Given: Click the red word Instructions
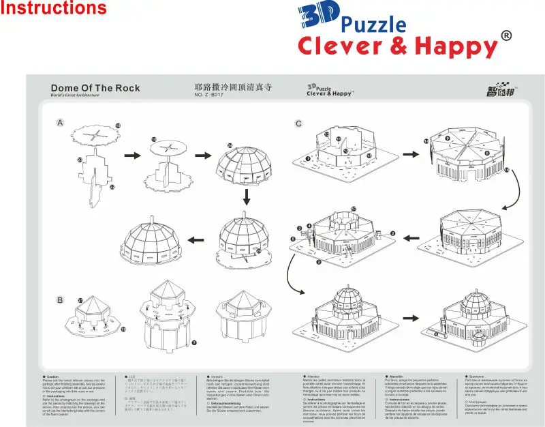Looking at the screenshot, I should click(54, 9).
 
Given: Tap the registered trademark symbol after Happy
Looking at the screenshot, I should click(506, 35).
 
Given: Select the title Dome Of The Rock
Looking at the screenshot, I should click(95, 88).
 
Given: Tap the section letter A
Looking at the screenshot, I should click(60, 123).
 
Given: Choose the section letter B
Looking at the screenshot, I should click(60, 299).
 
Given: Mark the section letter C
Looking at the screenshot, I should click(298, 123).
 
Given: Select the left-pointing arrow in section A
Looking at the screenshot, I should click(197, 239).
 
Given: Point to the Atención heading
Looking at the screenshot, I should click(397, 376).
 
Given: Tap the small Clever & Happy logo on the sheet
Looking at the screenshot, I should click(329, 91).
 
